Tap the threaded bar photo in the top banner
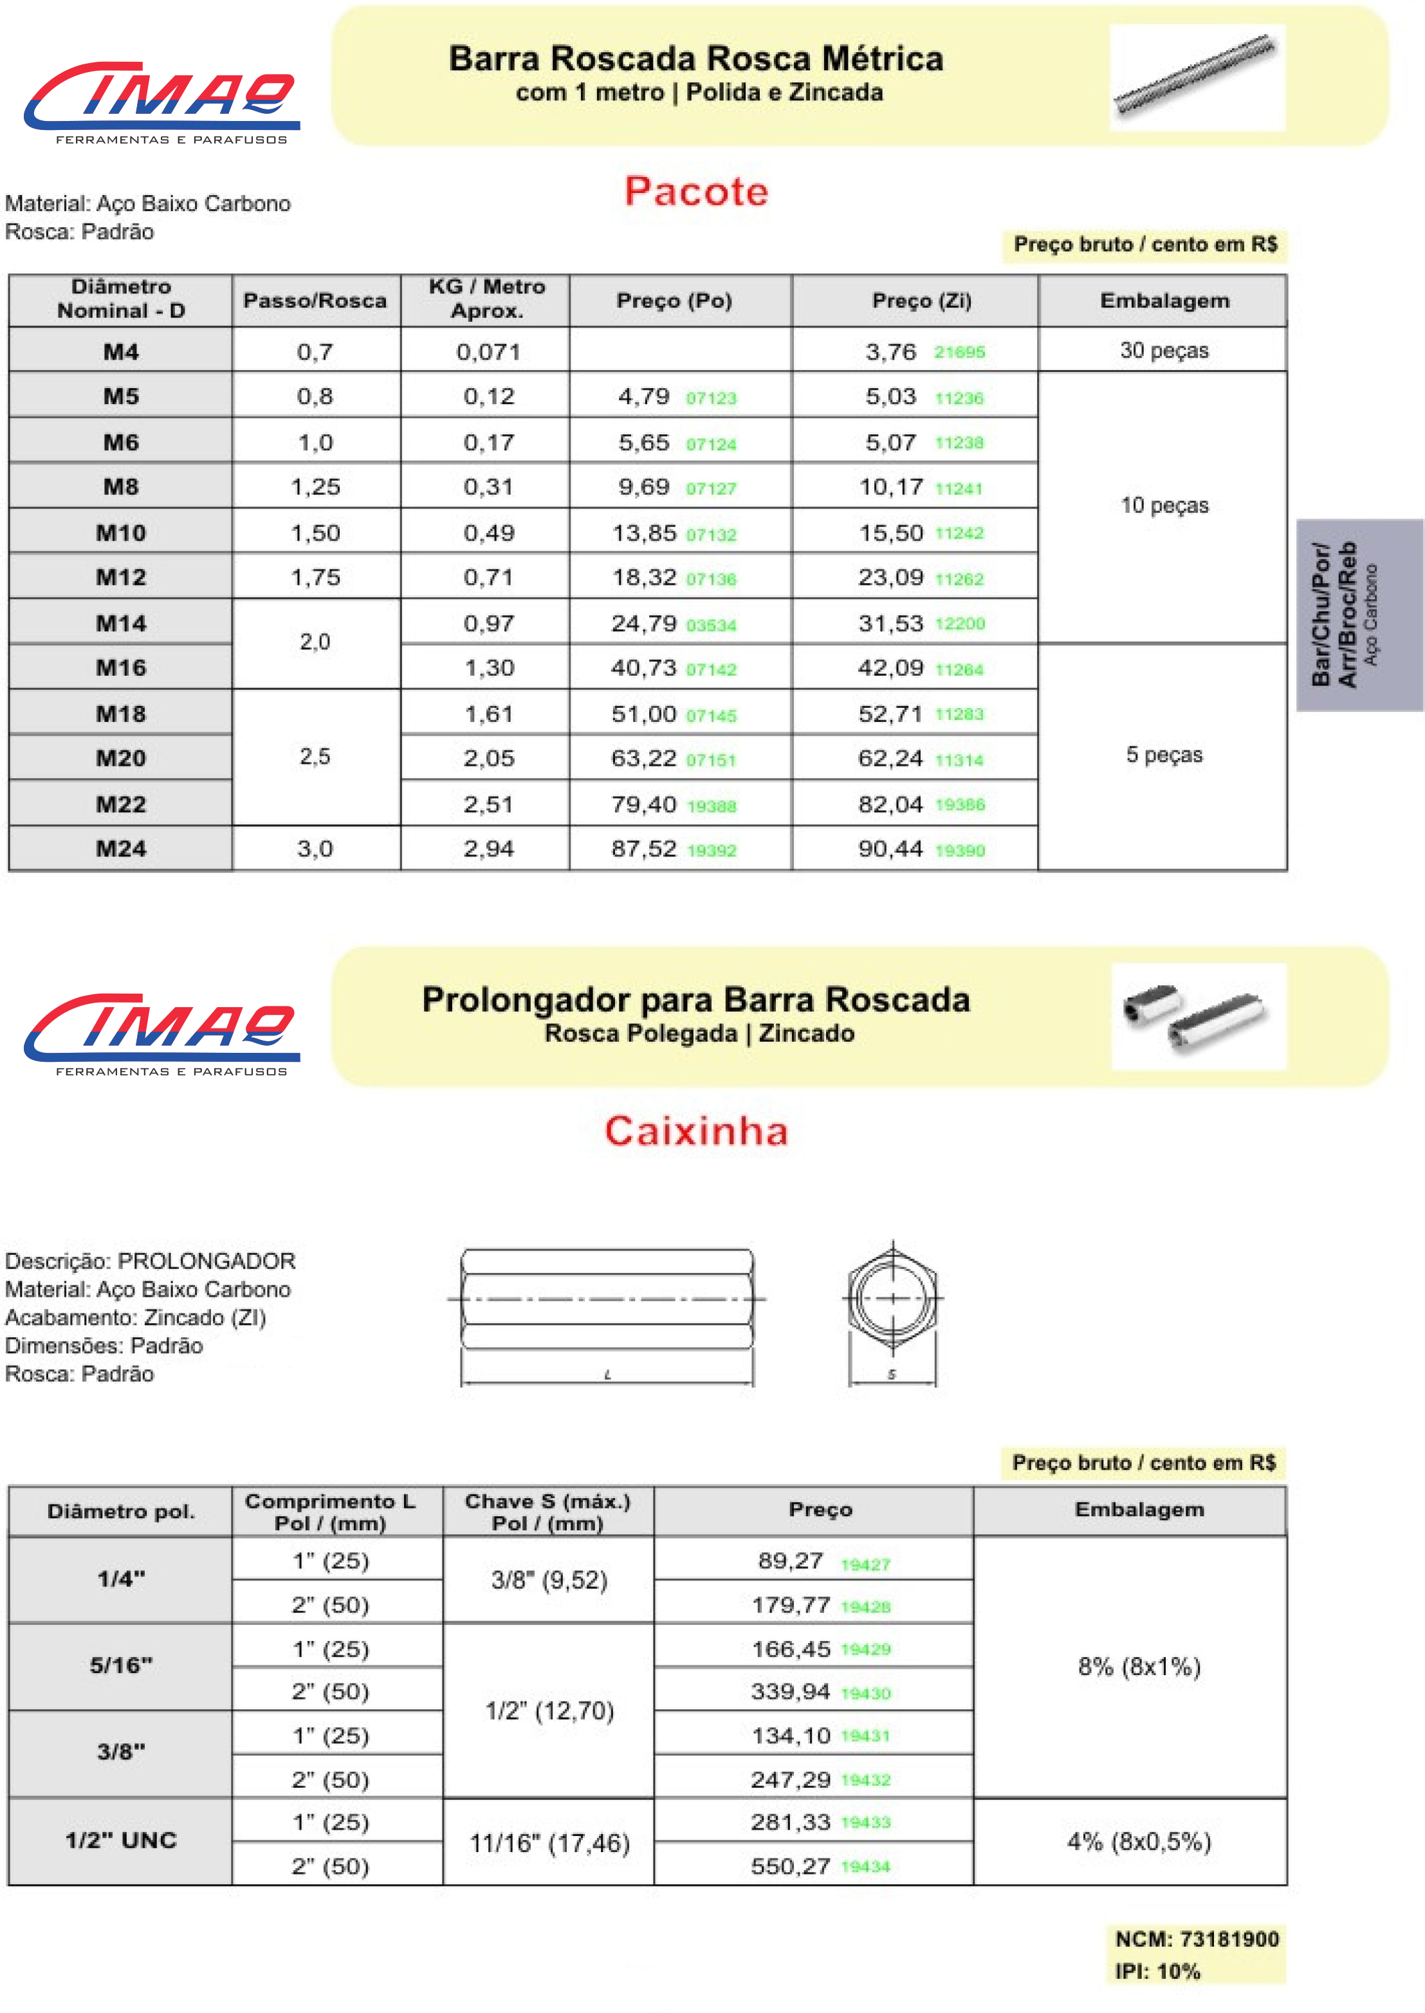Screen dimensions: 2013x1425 pos(1196,77)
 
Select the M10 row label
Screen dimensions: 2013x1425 pos(121,533)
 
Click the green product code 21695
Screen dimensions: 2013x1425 pos(959,352)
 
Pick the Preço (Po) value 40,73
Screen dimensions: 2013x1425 pos(643,668)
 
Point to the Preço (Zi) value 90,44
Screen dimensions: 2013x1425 pos(890,849)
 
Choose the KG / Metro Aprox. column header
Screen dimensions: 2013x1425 pos(486,299)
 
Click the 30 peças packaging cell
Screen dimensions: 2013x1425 pos(1164,350)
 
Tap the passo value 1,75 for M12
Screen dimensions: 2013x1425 pos(315,577)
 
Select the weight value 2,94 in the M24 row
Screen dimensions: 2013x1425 pos(489,849)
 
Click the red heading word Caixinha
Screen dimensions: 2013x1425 pos(696,1130)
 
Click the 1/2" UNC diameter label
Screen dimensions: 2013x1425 pos(121,1840)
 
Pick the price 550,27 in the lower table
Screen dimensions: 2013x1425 pos(790,1866)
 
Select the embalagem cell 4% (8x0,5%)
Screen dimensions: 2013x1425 pos(1139,1841)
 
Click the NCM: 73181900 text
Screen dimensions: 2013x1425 pos(1196,1938)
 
